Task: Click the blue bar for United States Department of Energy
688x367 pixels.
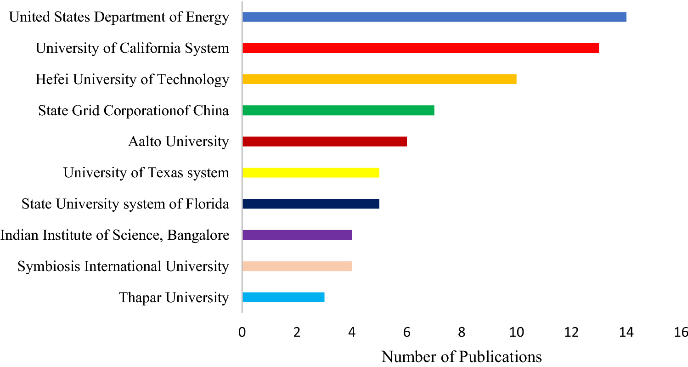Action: [x=434, y=17]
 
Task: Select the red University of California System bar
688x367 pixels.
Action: [x=420, y=48]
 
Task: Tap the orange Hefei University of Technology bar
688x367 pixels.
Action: [x=379, y=79]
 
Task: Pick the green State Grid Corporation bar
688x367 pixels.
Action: [x=338, y=110]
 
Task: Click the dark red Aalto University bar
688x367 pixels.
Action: [x=324, y=141]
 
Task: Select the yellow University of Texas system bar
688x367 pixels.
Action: [x=310, y=173]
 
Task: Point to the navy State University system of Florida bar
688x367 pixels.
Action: [x=310, y=203]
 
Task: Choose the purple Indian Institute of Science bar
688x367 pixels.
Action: [x=297, y=235]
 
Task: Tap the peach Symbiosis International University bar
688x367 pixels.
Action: [x=297, y=266]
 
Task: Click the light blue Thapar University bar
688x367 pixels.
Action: [x=283, y=297]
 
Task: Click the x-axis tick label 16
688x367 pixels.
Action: [x=681, y=332]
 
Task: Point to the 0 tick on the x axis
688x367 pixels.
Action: [x=242, y=332]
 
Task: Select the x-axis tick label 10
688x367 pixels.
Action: [x=516, y=332]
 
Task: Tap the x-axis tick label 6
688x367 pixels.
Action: [x=406, y=332]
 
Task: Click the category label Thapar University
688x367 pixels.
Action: [x=174, y=298]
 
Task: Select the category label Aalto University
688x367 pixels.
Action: [x=178, y=141]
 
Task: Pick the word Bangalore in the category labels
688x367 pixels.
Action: [x=198, y=235]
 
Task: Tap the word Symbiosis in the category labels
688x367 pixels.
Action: [x=44, y=266]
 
